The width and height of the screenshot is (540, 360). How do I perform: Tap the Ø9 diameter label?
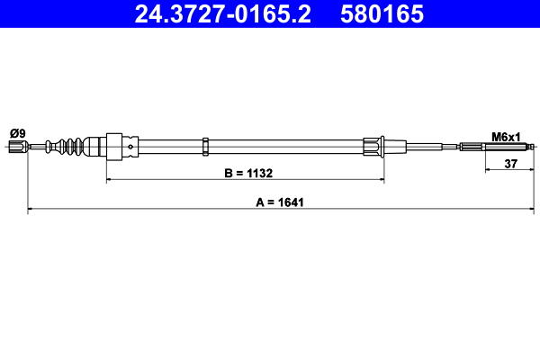(17, 133)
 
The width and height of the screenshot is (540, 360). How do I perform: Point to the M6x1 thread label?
(506, 137)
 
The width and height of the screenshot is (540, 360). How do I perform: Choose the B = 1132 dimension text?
(247, 173)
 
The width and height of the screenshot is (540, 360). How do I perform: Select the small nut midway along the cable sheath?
(207, 146)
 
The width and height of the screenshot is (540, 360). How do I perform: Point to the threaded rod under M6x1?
(508, 147)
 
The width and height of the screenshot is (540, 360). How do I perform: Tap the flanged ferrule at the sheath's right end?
(373, 146)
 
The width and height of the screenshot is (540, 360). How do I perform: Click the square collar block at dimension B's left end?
(113, 146)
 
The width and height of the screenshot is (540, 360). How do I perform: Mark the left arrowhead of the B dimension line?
(111, 180)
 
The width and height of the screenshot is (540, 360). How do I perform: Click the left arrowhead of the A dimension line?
(31, 210)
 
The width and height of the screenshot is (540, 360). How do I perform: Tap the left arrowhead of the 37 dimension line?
(488, 169)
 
